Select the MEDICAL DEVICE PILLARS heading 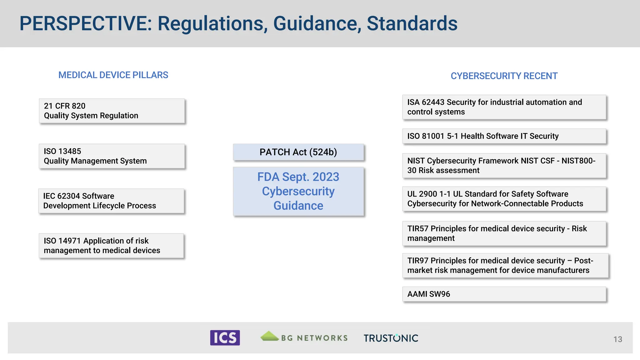click(x=113, y=75)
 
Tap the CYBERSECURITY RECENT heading click(x=504, y=76)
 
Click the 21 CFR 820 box click(x=112, y=111)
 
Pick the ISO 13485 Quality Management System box click(x=112, y=156)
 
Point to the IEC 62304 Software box click(x=111, y=201)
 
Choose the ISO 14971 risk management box click(x=111, y=246)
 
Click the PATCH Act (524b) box click(x=298, y=152)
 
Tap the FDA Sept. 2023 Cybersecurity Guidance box click(x=298, y=191)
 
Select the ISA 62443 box click(x=504, y=107)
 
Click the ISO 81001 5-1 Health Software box click(x=504, y=136)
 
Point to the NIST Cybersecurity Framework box click(x=504, y=166)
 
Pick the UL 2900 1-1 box click(x=504, y=199)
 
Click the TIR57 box click(x=504, y=233)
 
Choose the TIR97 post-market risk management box click(x=505, y=266)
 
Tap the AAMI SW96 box click(x=504, y=294)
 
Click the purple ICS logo click(x=225, y=338)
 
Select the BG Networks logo click(x=304, y=337)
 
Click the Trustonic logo click(x=391, y=338)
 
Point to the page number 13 click(x=617, y=339)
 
